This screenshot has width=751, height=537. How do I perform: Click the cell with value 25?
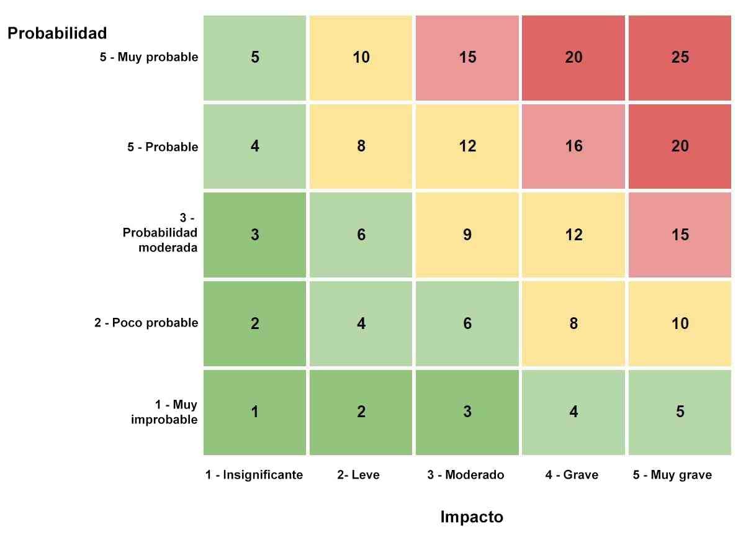[680, 58]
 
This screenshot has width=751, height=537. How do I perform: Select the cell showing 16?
[573, 147]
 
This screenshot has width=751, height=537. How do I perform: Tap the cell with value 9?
[467, 235]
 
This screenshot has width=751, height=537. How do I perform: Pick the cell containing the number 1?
[254, 412]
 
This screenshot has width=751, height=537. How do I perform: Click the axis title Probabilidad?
[57, 33]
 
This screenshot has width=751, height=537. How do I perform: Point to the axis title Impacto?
[472, 517]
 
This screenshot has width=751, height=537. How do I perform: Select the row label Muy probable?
[149, 57]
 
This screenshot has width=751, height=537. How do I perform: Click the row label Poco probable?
[146, 323]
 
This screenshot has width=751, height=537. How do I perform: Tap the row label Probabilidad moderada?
[160, 233]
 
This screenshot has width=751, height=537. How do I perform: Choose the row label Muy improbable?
[164, 412]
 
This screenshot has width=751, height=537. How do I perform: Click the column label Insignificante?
[254, 475]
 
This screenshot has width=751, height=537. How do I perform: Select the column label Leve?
[358, 475]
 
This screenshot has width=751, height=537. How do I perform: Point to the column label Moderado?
[465, 475]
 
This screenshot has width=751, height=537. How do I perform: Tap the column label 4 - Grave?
[572, 475]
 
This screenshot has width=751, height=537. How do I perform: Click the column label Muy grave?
[672, 475]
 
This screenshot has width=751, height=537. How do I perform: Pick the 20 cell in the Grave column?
[573, 58]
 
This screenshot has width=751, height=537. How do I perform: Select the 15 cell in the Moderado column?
[467, 58]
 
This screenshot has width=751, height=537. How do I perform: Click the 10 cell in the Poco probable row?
[680, 323]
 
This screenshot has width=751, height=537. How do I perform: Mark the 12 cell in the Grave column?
[573, 235]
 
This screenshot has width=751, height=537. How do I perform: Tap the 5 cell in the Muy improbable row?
[680, 412]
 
